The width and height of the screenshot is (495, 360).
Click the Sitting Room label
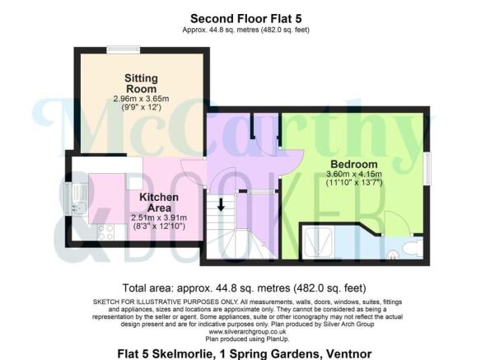coord(141,83)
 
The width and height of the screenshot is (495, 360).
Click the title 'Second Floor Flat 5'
coord(246,17)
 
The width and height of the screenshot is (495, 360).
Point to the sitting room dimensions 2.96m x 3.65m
coord(141,100)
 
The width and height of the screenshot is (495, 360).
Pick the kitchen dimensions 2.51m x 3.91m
coord(159,217)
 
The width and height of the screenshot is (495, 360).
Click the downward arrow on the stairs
coord(221,203)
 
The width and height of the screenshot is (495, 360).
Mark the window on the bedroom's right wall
coord(428,170)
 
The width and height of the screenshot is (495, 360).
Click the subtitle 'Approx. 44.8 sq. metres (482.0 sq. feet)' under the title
coord(246,30)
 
